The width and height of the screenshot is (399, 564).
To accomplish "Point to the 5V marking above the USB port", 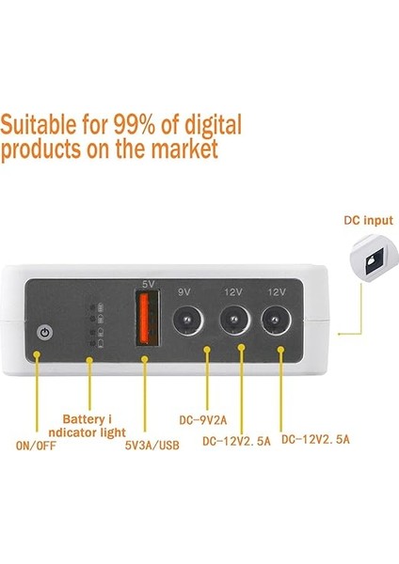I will click(147, 283).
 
